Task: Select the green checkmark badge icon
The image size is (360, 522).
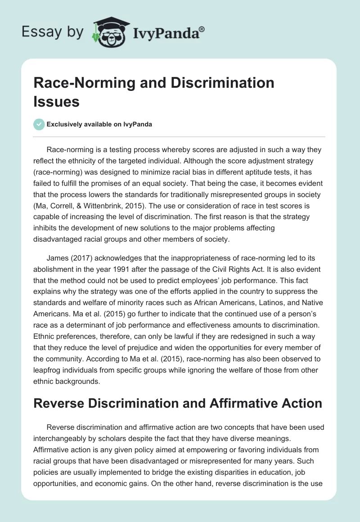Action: [39, 124]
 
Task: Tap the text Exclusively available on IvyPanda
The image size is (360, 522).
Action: [99, 125]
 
